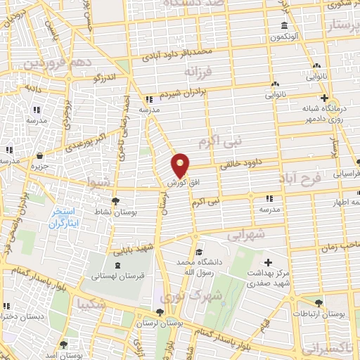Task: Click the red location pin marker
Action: [181, 165]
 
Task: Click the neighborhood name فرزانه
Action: [198, 72]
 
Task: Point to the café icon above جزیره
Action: [39, 154]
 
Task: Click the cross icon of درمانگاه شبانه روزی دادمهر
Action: [323, 98]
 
